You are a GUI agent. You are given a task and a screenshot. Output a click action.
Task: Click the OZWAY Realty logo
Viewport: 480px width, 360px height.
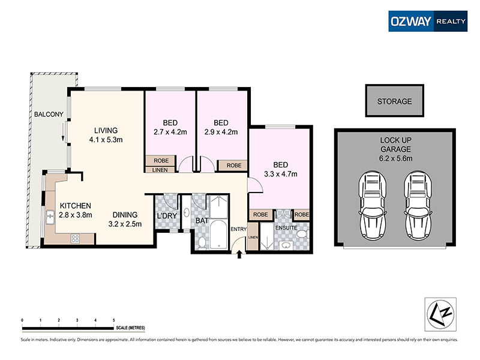click(x=427, y=20)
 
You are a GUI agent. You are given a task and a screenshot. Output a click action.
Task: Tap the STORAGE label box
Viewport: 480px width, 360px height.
click(x=394, y=101)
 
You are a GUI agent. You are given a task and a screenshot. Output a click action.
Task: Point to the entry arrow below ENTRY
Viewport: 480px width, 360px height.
click(x=239, y=255)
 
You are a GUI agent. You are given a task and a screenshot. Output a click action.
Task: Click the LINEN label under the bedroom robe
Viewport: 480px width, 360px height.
click(x=161, y=170)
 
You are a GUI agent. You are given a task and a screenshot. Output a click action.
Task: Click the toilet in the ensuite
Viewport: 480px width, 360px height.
click(x=302, y=233)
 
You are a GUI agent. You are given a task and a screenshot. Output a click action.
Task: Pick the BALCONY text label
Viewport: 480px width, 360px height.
click(x=49, y=114)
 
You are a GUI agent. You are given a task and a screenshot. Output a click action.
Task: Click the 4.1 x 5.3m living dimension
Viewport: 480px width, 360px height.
click(x=105, y=140)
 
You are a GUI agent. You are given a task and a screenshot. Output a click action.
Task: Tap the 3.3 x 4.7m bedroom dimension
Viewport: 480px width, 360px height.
click(x=281, y=174)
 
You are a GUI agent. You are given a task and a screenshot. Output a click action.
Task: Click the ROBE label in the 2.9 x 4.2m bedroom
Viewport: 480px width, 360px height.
click(x=233, y=165)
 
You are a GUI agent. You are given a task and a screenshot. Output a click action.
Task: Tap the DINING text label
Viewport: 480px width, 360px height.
click(x=125, y=215)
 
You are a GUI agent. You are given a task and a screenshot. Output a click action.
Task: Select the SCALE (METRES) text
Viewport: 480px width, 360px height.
click(x=131, y=328)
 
